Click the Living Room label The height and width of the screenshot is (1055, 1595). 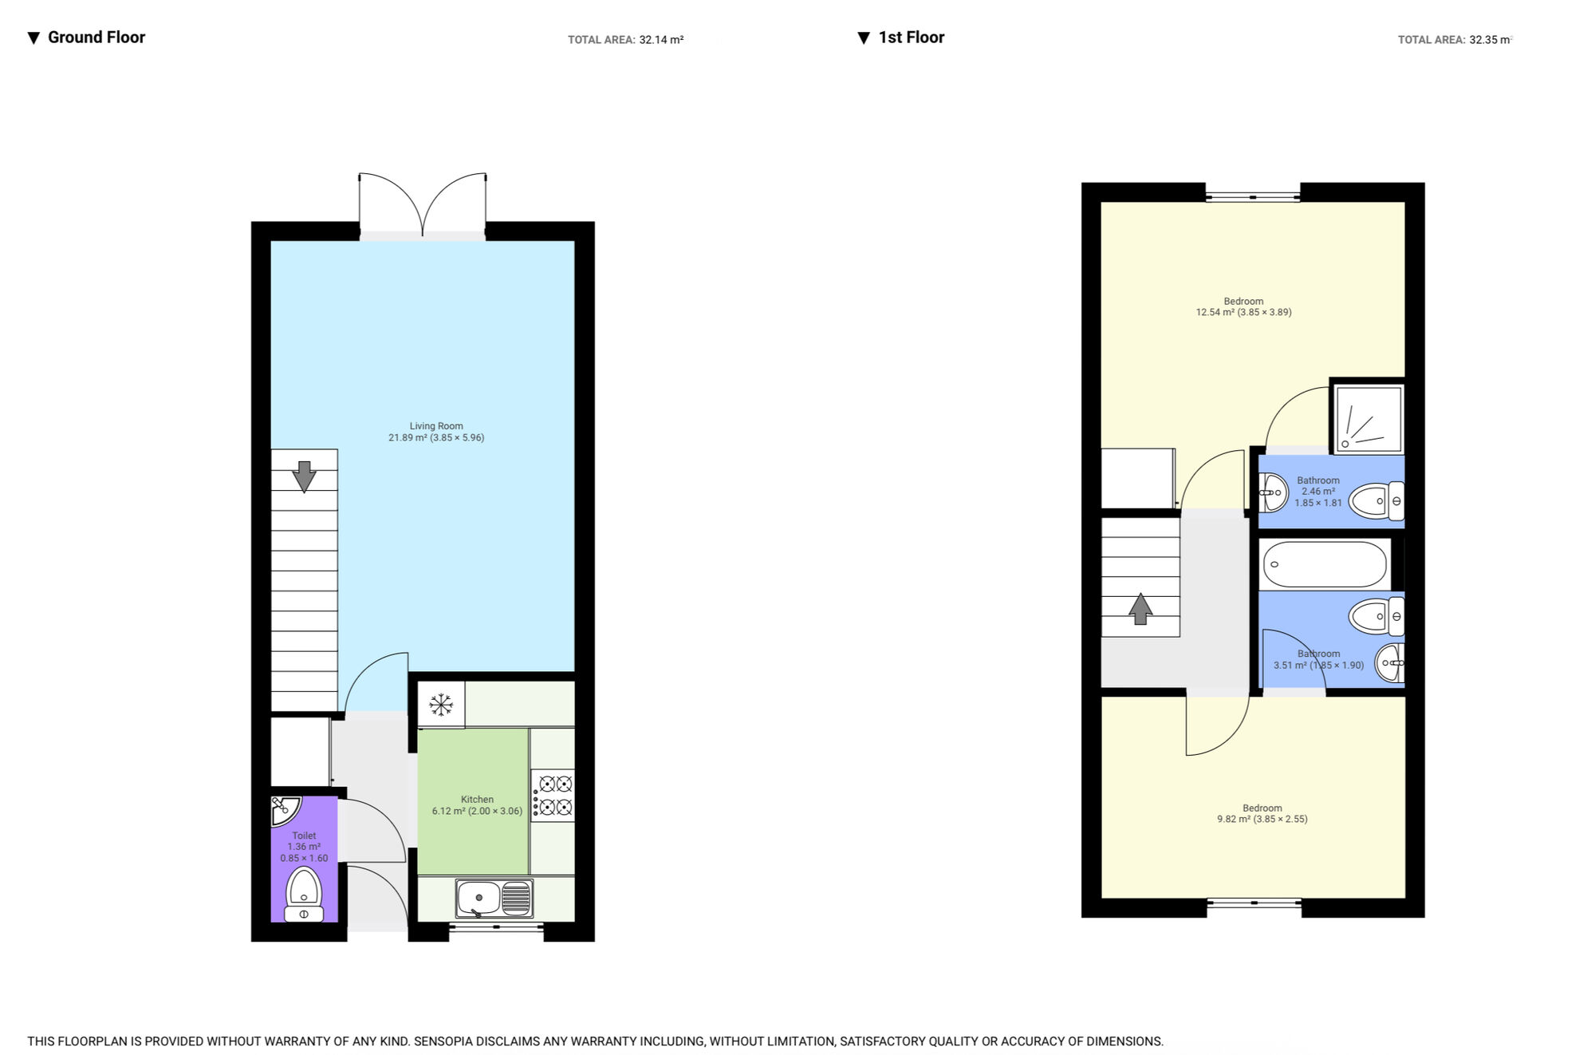(436, 432)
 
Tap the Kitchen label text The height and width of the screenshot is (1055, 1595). (477, 800)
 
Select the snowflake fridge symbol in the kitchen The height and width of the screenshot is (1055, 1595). (441, 705)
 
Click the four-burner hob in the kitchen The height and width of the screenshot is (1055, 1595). (553, 796)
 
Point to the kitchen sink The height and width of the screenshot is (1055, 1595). (494, 899)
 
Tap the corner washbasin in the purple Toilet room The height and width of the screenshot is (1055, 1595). (284, 809)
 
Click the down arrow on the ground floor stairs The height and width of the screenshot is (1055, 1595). (304, 476)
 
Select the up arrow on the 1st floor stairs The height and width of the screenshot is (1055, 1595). (1140, 609)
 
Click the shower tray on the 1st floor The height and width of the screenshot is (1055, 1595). (1369, 419)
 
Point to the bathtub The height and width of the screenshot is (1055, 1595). (1325, 564)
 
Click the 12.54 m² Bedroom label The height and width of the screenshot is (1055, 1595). (1243, 307)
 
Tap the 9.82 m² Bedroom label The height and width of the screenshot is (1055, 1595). (1262, 813)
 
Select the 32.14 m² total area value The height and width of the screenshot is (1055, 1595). (661, 40)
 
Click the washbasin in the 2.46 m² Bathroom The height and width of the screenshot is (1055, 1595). (1273, 493)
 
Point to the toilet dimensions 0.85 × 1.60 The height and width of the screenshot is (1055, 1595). (304, 859)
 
